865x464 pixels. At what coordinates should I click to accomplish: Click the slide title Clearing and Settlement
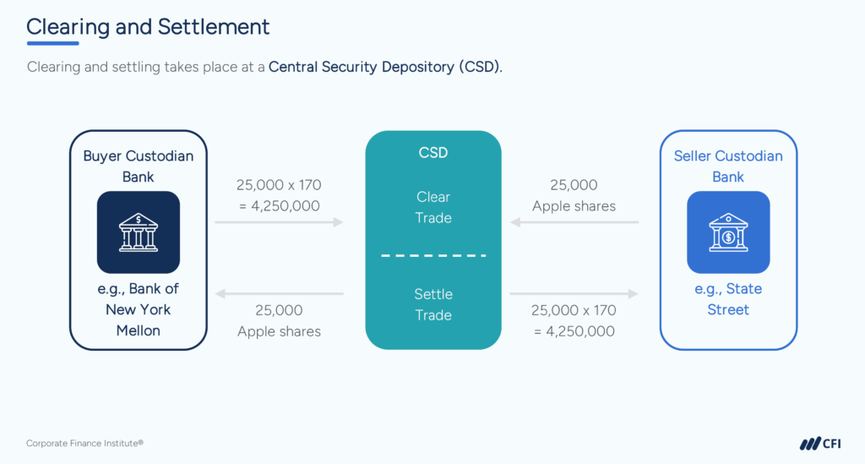click(x=148, y=26)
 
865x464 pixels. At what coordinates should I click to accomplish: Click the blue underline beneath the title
click(x=52, y=43)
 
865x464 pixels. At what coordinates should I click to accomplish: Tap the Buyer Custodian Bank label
click(x=138, y=166)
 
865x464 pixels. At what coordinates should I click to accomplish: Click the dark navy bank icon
click(x=138, y=232)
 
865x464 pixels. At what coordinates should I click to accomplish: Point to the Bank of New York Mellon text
click(x=138, y=309)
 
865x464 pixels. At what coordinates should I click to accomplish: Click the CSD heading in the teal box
click(x=432, y=154)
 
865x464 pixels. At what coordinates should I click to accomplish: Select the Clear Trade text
click(x=433, y=207)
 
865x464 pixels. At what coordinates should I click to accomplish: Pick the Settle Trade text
click(x=433, y=304)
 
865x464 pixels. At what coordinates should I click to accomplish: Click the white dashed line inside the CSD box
click(x=433, y=255)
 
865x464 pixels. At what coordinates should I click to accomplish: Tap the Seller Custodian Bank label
click(x=728, y=166)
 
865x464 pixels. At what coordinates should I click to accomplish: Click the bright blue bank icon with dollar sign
click(x=728, y=232)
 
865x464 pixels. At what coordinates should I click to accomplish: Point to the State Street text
click(x=728, y=299)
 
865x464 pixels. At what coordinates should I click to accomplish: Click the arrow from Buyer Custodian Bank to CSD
click(x=279, y=222)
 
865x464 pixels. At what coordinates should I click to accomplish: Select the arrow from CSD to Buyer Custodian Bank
click(x=279, y=293)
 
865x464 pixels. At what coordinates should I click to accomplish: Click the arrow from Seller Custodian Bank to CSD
click(x=574, y=222)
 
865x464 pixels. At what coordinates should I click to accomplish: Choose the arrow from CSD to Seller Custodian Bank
click(x=574, y=293)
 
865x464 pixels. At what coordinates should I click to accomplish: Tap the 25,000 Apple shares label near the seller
click(x=574, y=195)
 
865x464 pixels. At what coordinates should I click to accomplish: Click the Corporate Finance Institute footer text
click(x=84, y=443)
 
